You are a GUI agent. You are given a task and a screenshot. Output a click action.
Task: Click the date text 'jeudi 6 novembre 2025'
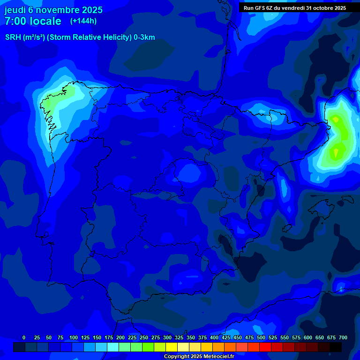pyautogui.click(x=53, y=10)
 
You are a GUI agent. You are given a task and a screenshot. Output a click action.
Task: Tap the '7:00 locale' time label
pyautogui.click(x=33, y=21)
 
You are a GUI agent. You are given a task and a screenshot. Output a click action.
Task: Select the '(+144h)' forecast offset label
pyautogui.click(x=83, y=21)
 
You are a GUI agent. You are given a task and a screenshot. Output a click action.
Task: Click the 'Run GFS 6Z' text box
pyautogui.click(x=295, y=8)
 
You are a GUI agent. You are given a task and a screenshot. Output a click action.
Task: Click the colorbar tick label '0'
pyautogui.click(x=24, y=337)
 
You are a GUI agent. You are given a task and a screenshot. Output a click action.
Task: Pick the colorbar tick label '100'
pyautogui.click(x=74, y=337)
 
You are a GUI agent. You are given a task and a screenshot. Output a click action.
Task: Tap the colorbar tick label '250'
pyautogui.click(x=144, y=337)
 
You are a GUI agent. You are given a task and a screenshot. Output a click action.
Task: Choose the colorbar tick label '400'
pyautogui.click(x=214, y=337)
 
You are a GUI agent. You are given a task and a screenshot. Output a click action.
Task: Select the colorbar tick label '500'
pyautogui.click(x=261, y=337)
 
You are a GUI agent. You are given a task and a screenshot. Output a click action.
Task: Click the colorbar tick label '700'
pyautogui.click(x=343, y=337)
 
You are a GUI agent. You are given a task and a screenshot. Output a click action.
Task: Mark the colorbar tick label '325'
pyautogui.click(x=179, y=337)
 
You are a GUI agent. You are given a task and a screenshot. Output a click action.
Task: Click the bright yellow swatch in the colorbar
pyautogui.click(x=172, y=347)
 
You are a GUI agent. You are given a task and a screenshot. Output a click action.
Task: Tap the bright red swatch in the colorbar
pyautogui.click(x=265, y=347)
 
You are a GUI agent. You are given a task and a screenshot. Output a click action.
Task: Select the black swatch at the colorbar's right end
pyautogui.click(x=336, y=347)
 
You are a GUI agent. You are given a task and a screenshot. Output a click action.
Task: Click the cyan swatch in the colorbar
pyautogui.click(x=113, y=347)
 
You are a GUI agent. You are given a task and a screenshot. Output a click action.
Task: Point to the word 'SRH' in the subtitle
pyautogui.click(x=13, y=37)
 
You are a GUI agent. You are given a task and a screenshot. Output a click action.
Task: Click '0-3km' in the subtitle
pyautogui.click(x=144, y=37)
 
